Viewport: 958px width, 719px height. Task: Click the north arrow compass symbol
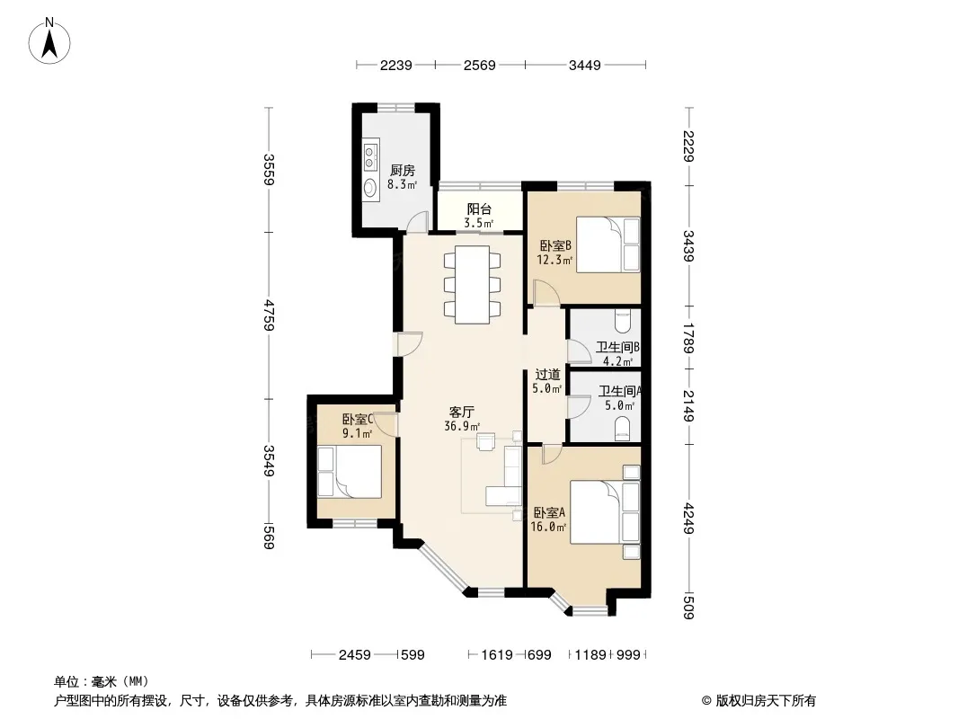click(49, 40)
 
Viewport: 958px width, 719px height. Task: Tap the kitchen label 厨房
click(402, 171)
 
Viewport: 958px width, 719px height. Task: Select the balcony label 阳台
click(479, 209)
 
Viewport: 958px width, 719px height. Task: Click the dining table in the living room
click(473, 285)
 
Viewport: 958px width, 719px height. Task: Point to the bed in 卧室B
click(608, 244)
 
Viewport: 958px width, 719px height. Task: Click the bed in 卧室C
click(350, 471)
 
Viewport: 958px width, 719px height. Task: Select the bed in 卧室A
click(605, 512)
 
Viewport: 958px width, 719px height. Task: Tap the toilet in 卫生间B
click(623, 320)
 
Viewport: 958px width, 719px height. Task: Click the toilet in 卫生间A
click(623, 429)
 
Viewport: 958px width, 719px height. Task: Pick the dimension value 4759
click(269, 315)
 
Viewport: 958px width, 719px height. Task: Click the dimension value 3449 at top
click(585, 65)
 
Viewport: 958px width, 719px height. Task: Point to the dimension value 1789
click(688, 338)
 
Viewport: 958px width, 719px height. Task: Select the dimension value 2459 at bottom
click(354, 655)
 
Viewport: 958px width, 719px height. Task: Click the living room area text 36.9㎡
click(462, 426)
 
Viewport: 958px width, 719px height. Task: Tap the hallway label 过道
click(547, 375)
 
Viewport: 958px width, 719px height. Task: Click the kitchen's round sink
click(370, 187)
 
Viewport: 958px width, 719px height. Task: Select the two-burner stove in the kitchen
click(370, 156)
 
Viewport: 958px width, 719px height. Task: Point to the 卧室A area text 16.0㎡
click(548, 527)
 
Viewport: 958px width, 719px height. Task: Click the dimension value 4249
click(688, 518)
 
